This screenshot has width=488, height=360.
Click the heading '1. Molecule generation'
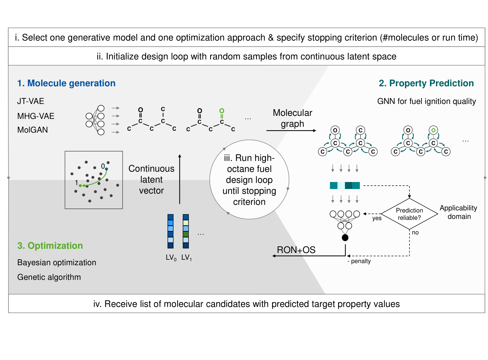[x=66, y=83]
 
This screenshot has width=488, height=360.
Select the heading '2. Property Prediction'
[x=426, y=83]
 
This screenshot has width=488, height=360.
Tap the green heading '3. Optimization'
[x=50, y=245]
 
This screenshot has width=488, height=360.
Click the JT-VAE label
[x=30, y=101]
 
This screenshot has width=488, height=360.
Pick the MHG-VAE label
[x=36, y=116]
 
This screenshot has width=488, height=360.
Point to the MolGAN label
[x=32, y=130]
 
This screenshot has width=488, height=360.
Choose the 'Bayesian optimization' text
[x=56, y=262]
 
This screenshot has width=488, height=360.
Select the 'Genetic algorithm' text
[x=49, y=277]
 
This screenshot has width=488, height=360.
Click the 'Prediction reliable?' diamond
[x=409, y=214]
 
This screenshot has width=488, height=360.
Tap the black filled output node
[x=345, y=237]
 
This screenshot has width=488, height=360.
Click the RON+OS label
[x=296, y=250]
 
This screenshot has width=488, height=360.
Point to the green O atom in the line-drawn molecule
[x=221, y=111]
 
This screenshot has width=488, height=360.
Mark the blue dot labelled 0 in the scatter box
[x=106, y=169]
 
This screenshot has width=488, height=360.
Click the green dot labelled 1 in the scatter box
[x=80, y=186]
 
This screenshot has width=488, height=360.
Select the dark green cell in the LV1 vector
[x=186, y=234]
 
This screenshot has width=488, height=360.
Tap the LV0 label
[x=171, y=258]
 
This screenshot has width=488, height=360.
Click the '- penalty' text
[x=359, y=261]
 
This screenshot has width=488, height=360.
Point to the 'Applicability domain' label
[x=458, y=212]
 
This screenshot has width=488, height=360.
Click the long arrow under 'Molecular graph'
[x=291, y=131]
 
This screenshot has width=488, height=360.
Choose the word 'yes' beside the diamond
[x=377, y=218]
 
